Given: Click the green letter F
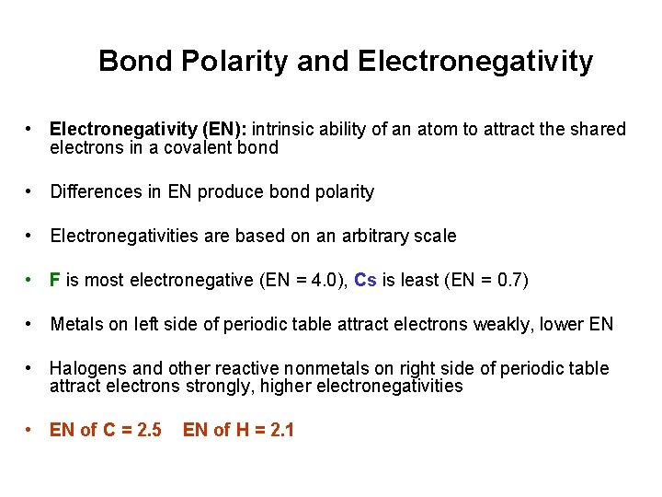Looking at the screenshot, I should tap(55, 281).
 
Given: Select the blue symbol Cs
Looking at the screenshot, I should tap(365, 281).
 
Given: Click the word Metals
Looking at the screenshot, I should tap(77, 325).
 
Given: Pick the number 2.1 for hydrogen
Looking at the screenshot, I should tap(279, 430).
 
